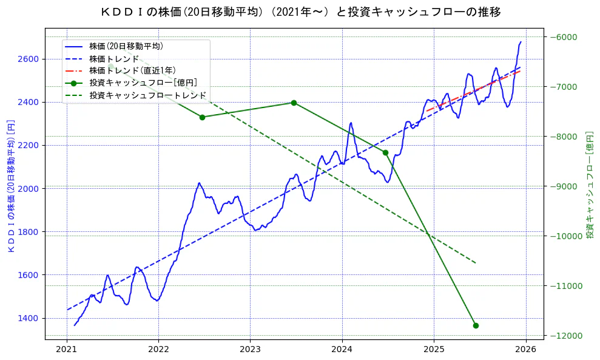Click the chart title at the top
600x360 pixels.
300,12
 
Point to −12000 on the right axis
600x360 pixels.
565,336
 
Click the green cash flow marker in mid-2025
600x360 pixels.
476,325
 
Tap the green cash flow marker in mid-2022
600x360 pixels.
202,117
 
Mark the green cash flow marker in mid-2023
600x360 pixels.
294,103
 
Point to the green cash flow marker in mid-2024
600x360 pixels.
385,152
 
